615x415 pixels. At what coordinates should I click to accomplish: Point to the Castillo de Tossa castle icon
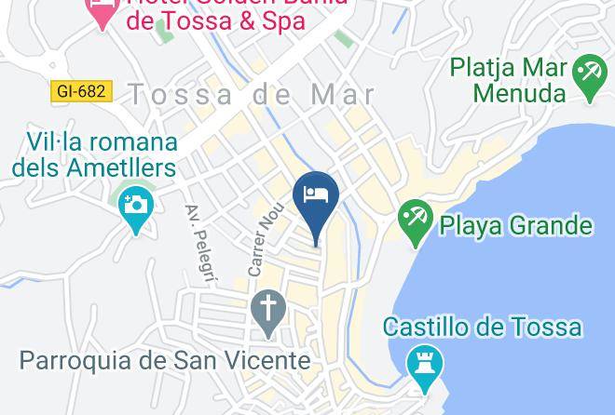tap(425, 366)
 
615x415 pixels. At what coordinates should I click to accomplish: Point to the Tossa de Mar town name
tap(252, 94)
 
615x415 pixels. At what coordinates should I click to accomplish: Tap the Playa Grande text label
tap(515, 226)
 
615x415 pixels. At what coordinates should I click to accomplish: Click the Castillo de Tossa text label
tap(483, 328)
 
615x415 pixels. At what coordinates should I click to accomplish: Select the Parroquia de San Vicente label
tap(165, 360)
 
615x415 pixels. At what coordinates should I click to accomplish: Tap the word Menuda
tap(519, 93)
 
